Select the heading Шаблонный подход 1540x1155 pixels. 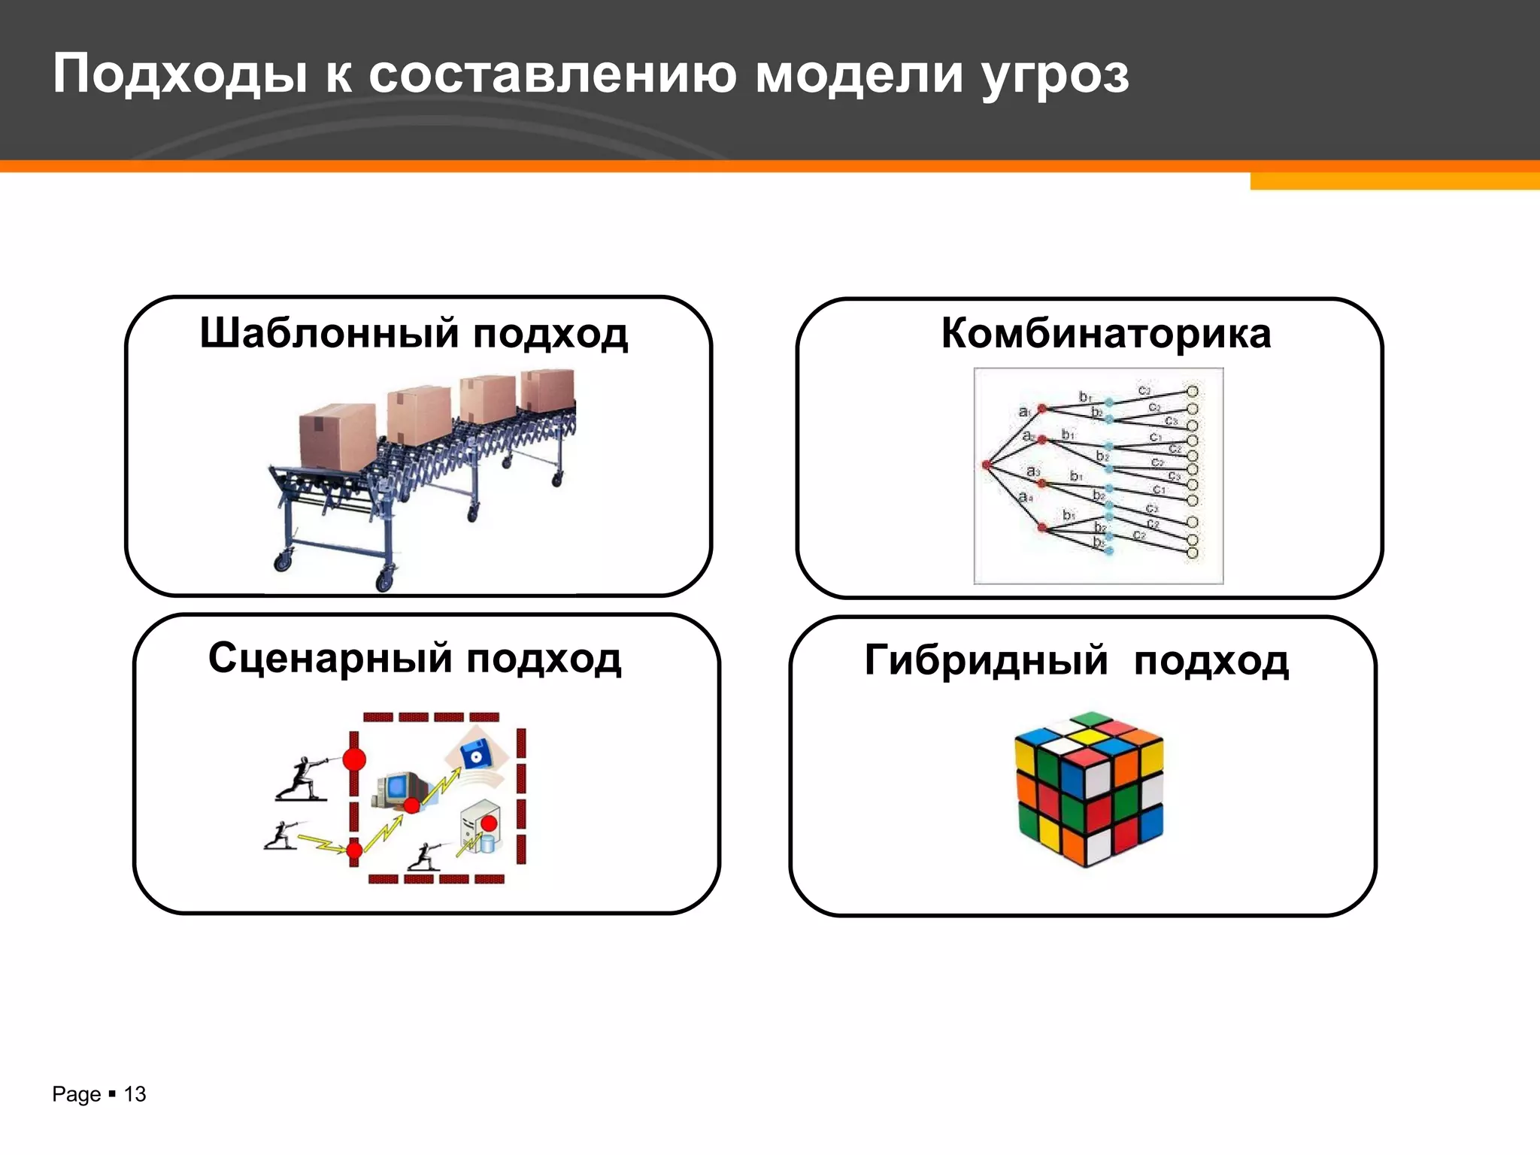click(x=414, y=333)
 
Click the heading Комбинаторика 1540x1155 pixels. click(x=1105, y=333)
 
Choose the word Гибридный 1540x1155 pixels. click(x=986, y=660)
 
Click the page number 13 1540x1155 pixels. click(x=135, y=1094)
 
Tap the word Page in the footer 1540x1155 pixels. click(x=76, y=1094)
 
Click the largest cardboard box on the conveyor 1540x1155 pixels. click(x=337, y=436)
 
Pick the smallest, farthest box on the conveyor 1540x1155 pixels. click(x=547, y=390)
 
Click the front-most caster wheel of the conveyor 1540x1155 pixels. click(x=384, y=581)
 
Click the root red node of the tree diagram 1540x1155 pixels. click(x=987, y=465)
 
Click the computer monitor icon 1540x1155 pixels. click(x=399, y=790)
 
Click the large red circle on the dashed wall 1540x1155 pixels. click(x=354, y=759)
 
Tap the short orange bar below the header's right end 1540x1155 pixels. click(x=1394, y=181)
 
